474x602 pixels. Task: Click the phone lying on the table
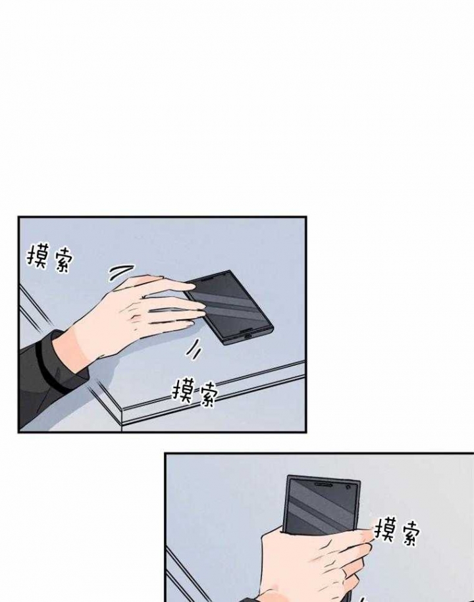coord(228,306)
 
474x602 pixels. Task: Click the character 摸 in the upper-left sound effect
coord(38,257)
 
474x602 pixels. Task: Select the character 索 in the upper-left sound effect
coord(61,261)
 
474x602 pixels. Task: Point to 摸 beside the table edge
coord(183,391)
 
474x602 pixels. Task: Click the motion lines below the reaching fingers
coord(194,349)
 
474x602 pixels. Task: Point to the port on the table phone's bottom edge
coord(246,335)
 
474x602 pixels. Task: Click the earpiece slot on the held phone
coord(323,484)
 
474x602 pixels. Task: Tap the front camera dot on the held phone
coord(348,487)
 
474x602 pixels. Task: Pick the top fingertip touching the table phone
coord(192,286)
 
